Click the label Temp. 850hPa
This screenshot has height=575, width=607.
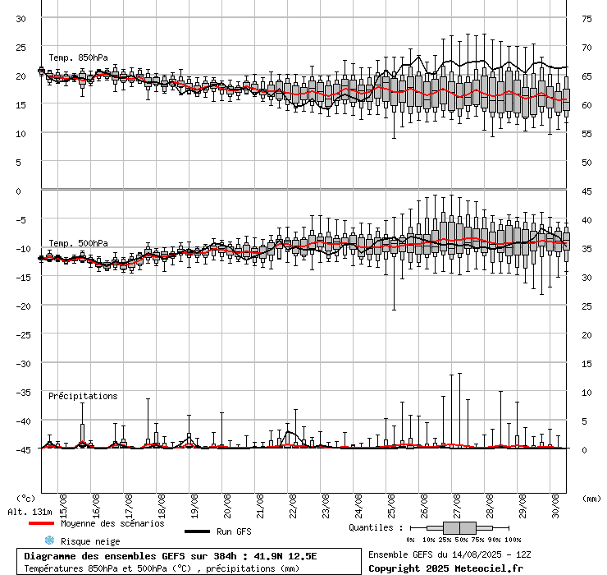(x=78, y=57)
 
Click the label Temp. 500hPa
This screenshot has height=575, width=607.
(x=78, y=243)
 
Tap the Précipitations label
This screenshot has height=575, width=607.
(x=82, y=396)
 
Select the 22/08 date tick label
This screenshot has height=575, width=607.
(x=293, y=502)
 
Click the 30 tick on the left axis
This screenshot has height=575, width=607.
(x=21, y=18)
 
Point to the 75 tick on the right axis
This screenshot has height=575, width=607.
(x=587, y=18)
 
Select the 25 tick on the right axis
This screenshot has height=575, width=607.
(x=587, y=306)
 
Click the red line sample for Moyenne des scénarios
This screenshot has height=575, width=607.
(x=42, y=523)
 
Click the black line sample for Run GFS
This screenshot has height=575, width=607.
(x=198, y=531)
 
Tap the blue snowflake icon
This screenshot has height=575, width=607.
(x=49, y=540)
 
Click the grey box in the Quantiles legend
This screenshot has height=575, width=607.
(x=459, y=527)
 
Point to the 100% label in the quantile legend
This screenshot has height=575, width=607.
(x=512, y=540)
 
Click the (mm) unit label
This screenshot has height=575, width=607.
(x=591, y=498)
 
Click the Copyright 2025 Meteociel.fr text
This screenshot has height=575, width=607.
(x=445, y=568)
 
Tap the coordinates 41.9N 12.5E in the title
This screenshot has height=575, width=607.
(x=285, y=556)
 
